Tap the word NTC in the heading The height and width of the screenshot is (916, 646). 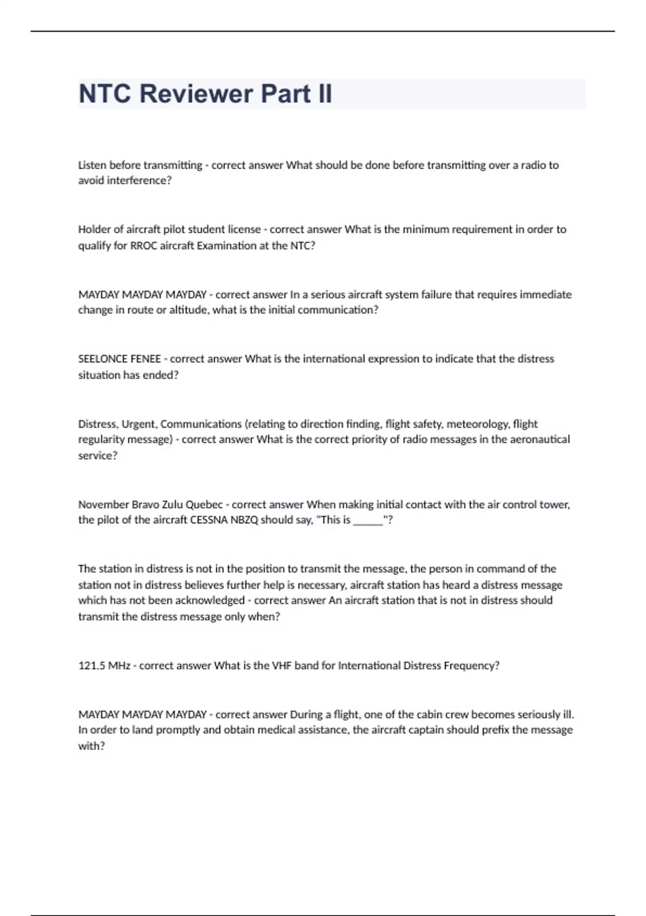tap(105, 94)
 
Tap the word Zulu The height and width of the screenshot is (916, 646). tap(171, 504)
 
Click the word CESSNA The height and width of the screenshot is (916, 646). tap(210, 520)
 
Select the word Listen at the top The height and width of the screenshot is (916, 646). tap(92, 165)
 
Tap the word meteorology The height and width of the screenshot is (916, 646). tap(478, 424)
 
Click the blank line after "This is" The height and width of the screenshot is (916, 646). tap(368, 521)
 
